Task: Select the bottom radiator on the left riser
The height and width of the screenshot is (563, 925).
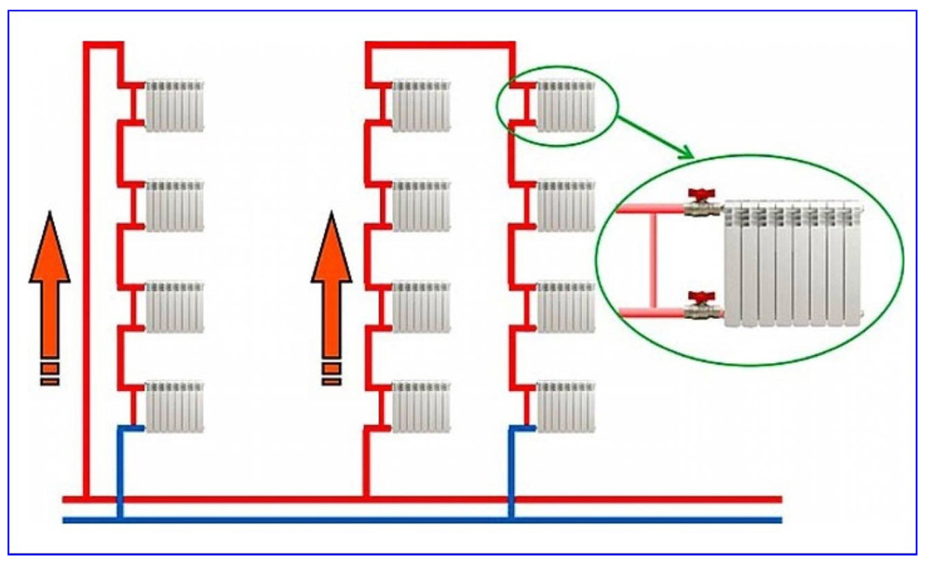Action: pyautogui.click(x=174, y=407)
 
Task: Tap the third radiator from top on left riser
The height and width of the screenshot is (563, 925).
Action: pyautogui.click(x=174, y=307)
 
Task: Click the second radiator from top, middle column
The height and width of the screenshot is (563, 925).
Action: pyautogui.click(x=421, y=205)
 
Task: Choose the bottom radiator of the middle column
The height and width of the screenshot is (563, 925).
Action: pyautogui.click(x=421, y=407)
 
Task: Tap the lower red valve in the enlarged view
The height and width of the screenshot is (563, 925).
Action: pyautogui.click(x=701, y=300)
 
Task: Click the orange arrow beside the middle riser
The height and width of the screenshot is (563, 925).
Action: pyautogui.click(x=330, y=277)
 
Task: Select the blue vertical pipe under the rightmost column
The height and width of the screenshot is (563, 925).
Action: pyautogui.click(x=511, y=471)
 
